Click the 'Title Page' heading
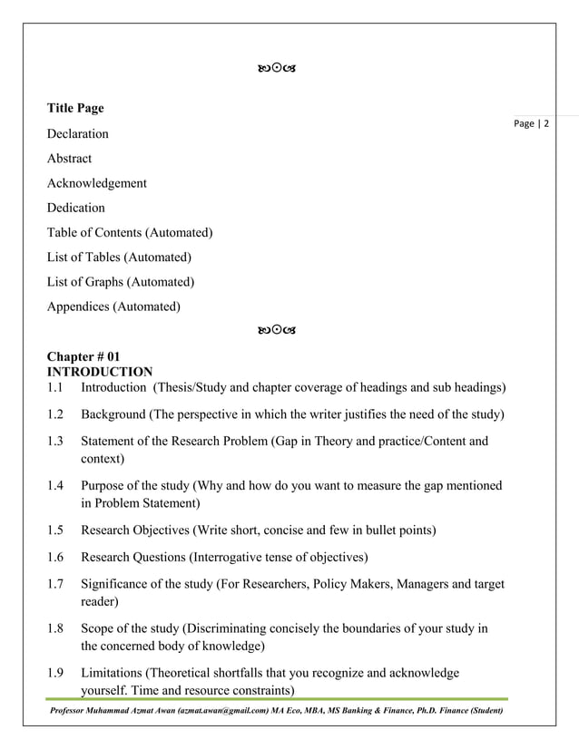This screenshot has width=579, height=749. [75, 109]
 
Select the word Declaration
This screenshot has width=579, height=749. [78, 134]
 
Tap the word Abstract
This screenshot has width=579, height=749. [70, 159]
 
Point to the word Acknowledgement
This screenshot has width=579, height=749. [97, 183]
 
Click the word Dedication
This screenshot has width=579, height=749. [76, 208]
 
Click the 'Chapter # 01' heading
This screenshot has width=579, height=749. [83, 358]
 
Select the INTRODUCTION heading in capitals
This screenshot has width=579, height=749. [100, 372]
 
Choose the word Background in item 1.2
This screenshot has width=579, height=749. [113, 415]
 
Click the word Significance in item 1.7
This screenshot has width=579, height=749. [117, 584]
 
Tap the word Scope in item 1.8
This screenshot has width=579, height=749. [97, 628]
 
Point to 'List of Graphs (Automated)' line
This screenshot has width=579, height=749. [121, 282]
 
